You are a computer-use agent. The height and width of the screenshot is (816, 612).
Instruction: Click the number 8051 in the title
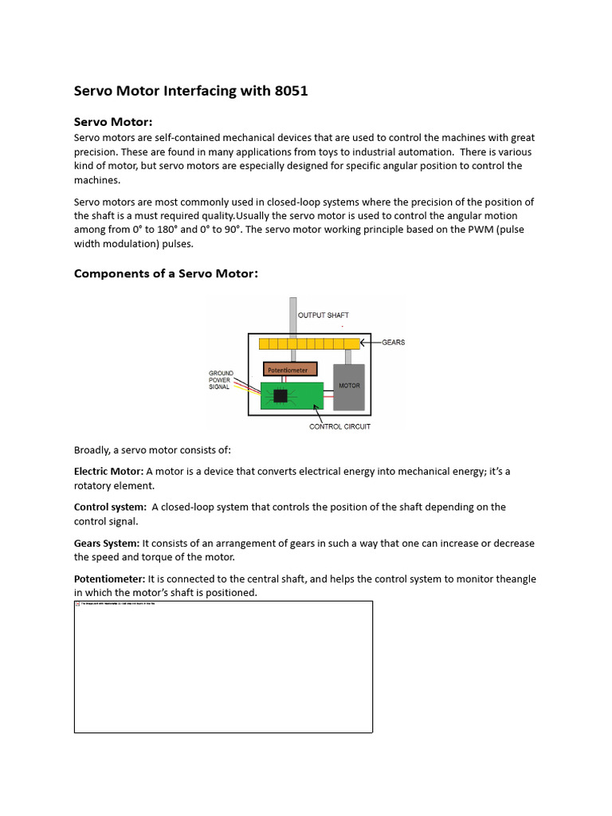(x=291, y=91)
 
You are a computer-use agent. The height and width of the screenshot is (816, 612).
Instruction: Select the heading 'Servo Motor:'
(x=112, y=122)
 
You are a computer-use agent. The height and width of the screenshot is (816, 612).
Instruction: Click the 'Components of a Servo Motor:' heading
(x=166, y=273)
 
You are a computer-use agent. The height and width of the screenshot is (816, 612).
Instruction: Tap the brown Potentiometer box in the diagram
(x=290, y=370)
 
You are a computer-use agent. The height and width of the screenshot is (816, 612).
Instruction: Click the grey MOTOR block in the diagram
(x=349, y=386)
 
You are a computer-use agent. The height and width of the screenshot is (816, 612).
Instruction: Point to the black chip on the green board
(x=280, y=395)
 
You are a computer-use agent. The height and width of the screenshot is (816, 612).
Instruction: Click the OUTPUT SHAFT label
(x=323, y=316)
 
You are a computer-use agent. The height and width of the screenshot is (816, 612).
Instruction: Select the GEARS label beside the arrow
(x=393, y=343)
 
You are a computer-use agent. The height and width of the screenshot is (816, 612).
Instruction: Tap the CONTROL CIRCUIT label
(x=339, y=426)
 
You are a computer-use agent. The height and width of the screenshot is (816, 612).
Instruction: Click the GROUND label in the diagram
(x=221, y=373)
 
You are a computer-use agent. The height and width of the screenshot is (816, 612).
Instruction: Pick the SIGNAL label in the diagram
(x=219, y=387)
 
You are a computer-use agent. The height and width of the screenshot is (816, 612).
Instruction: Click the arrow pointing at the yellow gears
(x=370, y=343)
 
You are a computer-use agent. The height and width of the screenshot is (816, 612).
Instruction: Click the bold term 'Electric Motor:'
(x=109, y=471)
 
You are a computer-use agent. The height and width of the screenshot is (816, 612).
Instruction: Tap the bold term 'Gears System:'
(x=107, y=543)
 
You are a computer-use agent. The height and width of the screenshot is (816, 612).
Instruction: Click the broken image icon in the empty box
(x=78, y=605)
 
